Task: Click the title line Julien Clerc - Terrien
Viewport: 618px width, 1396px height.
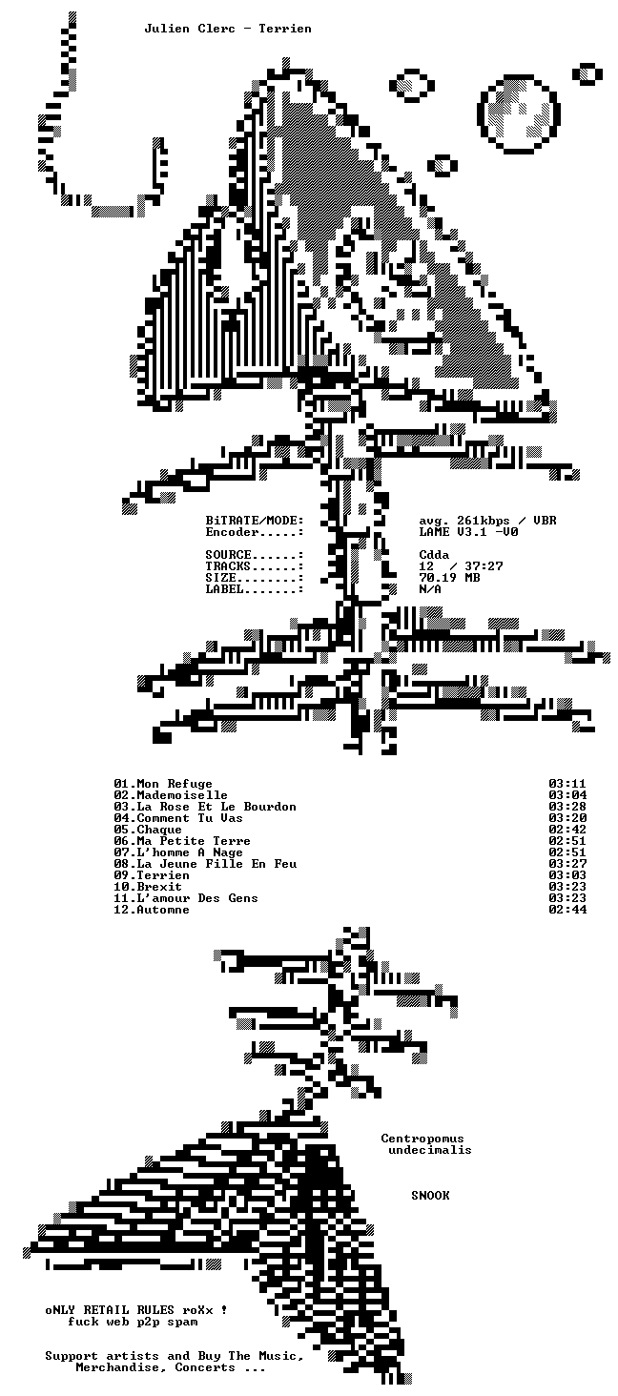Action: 228,29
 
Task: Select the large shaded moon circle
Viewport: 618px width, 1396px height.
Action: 519,113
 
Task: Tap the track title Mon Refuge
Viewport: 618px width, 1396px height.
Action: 175,784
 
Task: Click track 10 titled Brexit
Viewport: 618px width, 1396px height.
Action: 159,887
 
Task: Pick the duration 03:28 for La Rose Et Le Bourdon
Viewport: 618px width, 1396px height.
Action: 567,807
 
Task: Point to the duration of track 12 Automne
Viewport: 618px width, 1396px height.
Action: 567,910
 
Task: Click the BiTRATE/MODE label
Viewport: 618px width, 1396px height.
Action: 255,521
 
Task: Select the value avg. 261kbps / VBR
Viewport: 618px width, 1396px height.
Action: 487,521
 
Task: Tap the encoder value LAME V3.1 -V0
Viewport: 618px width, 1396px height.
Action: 468,532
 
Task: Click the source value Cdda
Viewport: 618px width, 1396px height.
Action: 434,555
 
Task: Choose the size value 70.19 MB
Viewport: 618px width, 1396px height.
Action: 449,578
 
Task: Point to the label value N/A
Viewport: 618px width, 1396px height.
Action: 430,589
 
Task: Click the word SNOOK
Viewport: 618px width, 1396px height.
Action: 430,1196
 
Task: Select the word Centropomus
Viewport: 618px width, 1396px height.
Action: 422,1139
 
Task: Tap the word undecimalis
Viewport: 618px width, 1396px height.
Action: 430,1150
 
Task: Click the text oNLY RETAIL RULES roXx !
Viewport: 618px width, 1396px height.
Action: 136,1310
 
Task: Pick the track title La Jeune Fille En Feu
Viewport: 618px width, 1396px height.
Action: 217,864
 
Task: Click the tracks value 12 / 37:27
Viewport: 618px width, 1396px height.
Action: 461,566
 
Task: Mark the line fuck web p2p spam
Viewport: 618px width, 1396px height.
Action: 133,1322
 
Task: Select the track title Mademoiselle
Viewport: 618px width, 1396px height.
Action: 182,795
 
